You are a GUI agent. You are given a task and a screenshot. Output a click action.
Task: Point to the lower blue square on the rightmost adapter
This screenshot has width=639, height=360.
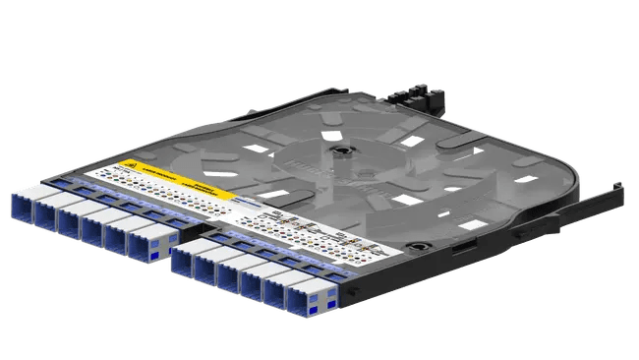314,310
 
